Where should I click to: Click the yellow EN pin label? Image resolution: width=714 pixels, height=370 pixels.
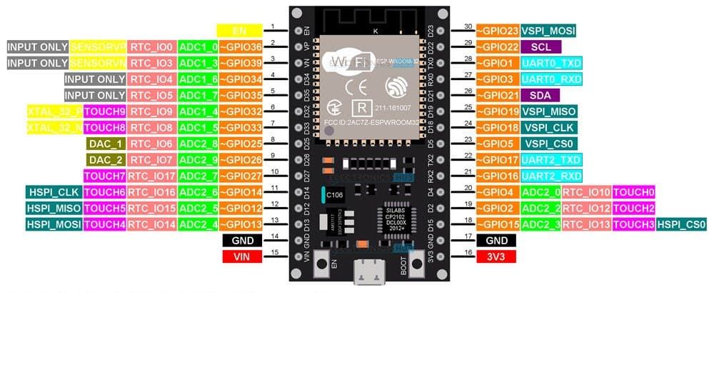(239, 31)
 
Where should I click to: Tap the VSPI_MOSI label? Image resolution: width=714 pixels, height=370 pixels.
(548, 31)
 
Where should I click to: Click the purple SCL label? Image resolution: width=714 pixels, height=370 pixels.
(540, 46)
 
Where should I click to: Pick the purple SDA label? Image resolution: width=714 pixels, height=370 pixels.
(540, 95)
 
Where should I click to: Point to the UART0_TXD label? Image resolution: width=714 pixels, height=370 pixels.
(550, 63)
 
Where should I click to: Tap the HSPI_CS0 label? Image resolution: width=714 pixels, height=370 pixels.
(682, 224)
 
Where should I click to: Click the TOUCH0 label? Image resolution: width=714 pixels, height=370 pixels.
(633, 192)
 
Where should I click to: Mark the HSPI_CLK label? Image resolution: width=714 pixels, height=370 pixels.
(53, 192)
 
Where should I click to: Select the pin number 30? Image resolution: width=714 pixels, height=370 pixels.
(468, 26)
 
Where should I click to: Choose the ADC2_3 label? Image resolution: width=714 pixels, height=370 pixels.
(540, 224)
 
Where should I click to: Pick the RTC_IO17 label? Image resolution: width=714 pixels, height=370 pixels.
(151, 176)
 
